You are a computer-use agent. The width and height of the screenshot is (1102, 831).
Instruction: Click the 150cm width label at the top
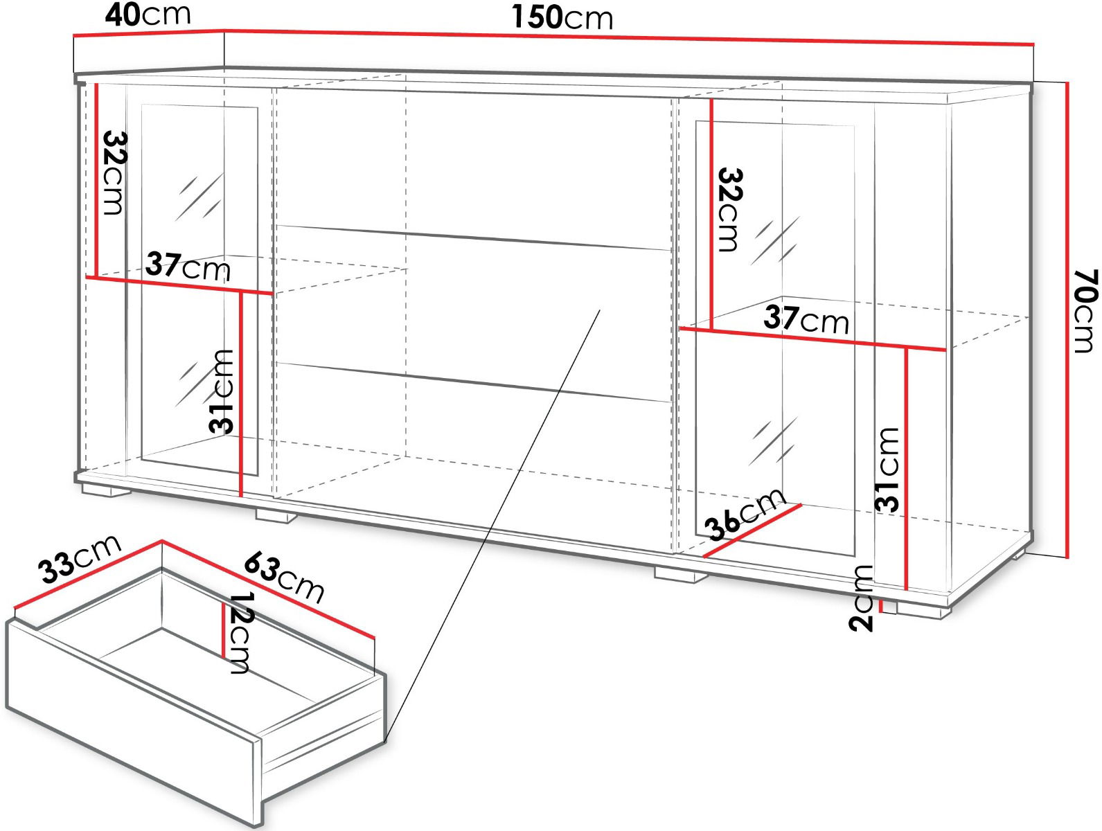(562, 17)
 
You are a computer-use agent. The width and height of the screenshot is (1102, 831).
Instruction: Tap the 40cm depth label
(148, 15)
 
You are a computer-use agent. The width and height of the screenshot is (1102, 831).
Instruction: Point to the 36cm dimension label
(745, 515)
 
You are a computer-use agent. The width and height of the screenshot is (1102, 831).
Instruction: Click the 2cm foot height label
(860, 598)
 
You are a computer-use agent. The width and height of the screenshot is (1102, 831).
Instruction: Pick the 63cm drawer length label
(284, 577)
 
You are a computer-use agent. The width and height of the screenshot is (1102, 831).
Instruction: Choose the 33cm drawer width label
(80, 559)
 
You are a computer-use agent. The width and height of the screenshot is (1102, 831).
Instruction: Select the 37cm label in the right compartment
(806, 319)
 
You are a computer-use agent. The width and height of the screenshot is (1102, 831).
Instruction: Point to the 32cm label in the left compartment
(115, 172)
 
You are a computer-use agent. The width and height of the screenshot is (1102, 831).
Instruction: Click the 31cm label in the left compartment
(222, 391)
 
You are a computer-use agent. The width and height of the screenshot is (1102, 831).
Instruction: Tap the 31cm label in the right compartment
(886, 470)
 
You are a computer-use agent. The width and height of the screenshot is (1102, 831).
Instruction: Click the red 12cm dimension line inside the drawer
(222, 629)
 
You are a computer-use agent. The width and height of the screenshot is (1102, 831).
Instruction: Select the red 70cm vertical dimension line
(1067, 320)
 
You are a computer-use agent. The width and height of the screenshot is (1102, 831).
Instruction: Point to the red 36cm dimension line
(752, 531)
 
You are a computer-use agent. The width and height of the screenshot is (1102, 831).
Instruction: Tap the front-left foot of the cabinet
(105, 490)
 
